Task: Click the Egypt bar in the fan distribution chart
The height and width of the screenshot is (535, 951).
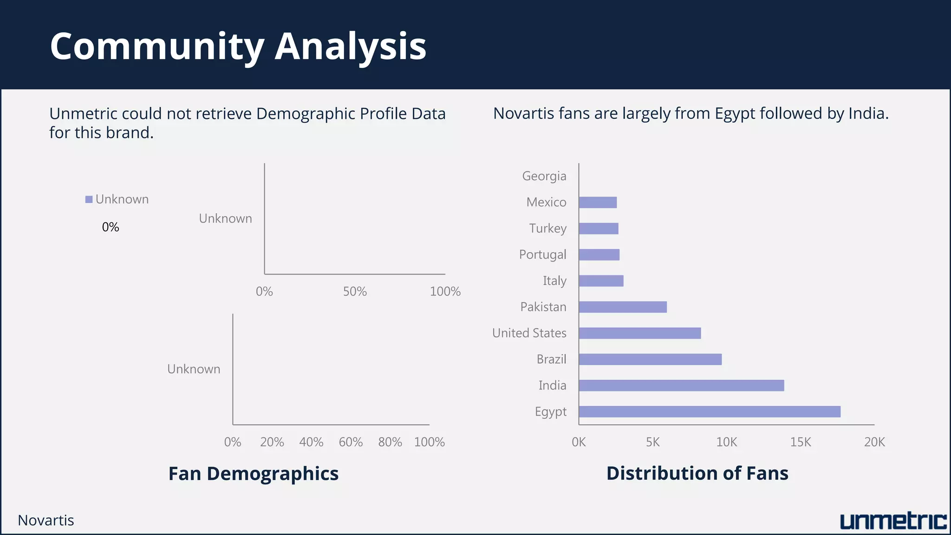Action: coord(709,411)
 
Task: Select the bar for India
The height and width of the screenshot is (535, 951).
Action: coord(681,385)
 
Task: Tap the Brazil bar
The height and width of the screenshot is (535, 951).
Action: coord(650,359)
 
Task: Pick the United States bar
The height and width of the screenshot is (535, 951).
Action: coord(639,333)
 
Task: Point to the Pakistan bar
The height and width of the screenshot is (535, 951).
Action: coord(622,307)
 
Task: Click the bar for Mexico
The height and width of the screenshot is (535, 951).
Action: coord(598,202)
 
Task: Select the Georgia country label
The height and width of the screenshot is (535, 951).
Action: coord(544,176)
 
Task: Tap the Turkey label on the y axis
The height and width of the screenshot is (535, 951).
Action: coord(547,228)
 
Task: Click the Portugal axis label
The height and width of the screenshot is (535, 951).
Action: coord(542,254)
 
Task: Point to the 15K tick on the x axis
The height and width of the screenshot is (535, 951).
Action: coord(800,442)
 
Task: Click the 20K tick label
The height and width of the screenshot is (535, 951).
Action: coord(874,442)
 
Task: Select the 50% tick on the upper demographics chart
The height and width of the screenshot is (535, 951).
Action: coord(355,292)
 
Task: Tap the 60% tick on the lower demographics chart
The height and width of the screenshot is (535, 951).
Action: coord(351,442)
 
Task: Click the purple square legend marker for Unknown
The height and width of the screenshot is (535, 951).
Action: coord(89,200)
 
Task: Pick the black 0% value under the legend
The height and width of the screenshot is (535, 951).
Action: coord(111,227)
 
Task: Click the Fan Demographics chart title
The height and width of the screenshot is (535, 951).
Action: coord(253,474)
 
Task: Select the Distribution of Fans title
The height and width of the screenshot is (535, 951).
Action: coord(697,473)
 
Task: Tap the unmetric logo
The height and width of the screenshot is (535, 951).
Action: coord(892,521)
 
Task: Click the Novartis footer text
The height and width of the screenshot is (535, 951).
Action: coord(46,521)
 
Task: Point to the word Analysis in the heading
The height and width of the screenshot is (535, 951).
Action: coord(350,46)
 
